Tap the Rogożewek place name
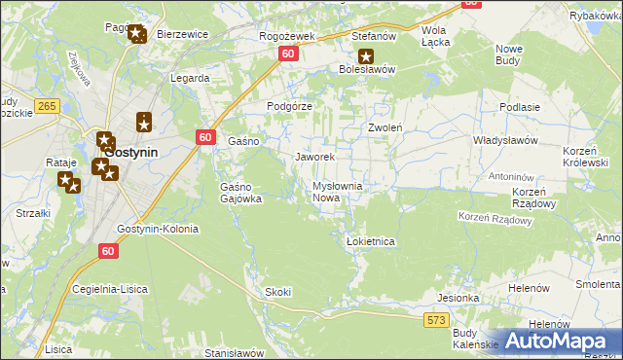pos(286,36)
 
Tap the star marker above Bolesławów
pos(366,56)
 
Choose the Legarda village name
pos(190,78)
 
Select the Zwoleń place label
pos(385,127)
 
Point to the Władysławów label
pos(505,141)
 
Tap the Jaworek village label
pos(314,157)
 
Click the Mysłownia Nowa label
pos(337,192)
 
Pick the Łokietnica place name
pos(370,241)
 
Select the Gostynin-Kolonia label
pos(157,230)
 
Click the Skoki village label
pos(278,292)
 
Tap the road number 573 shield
pos(435,319)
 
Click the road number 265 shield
pos(45,105)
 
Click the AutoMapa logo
pos(559,342)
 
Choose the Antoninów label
pos(512,177)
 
